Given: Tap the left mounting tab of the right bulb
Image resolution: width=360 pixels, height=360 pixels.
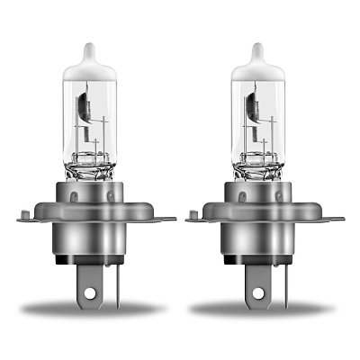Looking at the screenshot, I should [x=195, y=215].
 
